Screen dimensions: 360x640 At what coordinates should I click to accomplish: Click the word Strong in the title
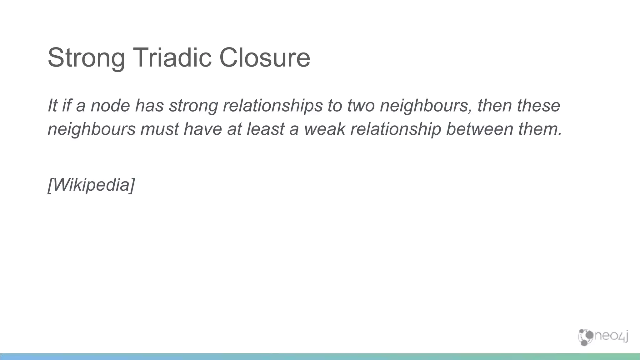tap(86, 58)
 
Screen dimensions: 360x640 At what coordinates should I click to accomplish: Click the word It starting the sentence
tap(52, 105)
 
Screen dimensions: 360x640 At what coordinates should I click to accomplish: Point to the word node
tap(110, 105)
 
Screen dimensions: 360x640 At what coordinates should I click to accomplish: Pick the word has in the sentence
tap(149, 105)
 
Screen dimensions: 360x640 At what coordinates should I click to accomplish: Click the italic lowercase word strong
tap(193, 106)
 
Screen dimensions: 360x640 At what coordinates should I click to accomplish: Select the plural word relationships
tap(272, 106)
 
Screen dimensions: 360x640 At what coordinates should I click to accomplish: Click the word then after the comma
tap(494, 105)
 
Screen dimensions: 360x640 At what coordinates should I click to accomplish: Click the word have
tap(203, 129)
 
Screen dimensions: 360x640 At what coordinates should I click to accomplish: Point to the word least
tap(266, 129)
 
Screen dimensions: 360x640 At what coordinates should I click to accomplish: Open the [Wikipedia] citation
tap(91, 185)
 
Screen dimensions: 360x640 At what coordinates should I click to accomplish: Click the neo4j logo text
tap(610, 337)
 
